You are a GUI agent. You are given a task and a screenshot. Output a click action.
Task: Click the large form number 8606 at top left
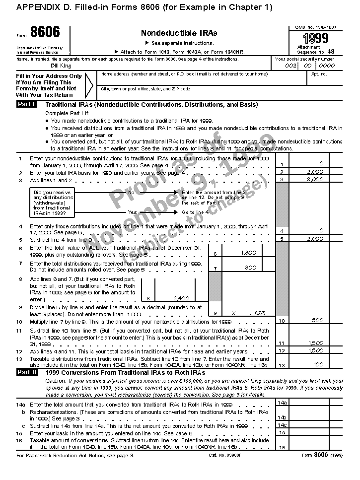pyautogui.click(x=45, y=33)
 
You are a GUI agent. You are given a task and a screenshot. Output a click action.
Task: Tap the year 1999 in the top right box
pyautogui.click(x=316, y=39)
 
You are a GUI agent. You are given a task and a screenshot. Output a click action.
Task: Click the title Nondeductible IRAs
pyautogui.click(x=179, y=33)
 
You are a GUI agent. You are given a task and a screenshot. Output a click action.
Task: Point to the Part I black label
pyautogui.click(x=26, y=105)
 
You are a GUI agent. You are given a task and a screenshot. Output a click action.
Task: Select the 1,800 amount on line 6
pyautogui.click(x=248, y=253)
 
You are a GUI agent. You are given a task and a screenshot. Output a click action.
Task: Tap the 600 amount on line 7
pyautogui.click(x=251, y=268)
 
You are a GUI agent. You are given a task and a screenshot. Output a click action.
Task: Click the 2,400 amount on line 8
pyautogui.click(x=181, y=298)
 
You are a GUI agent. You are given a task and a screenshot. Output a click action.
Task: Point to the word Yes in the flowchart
pyautogui.click(x=133, y=212)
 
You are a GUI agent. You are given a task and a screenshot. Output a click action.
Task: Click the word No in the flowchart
pyautogui.click(x=131, y=192)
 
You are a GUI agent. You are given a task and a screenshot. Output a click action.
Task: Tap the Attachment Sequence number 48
pyautogui.click(x=331, y=51)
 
